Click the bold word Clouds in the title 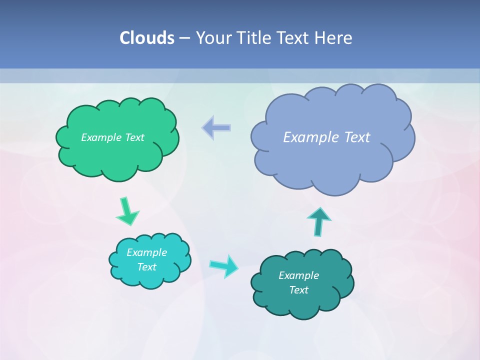[x=146, y=38]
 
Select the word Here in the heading [x=334, y=38]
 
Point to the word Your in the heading [x=212, y=38]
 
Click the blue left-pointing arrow [x=216, y=127]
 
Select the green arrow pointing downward [x=127, y=211]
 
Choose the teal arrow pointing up [x=319, y=221]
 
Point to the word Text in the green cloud [x=134, y=137]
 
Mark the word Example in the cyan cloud [x=146, y=252]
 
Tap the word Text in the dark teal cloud [x=298, y=290]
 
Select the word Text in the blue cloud [x=356, y=137]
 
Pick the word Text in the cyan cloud [x=146, y=267]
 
